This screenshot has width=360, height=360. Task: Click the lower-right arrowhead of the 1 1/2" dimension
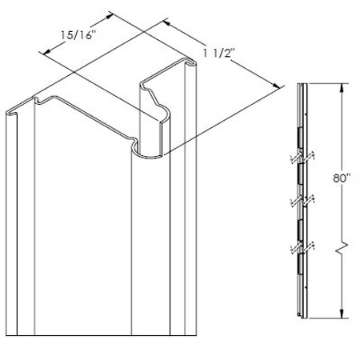click(278, 86)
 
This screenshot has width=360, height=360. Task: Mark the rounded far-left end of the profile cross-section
click(11, 111)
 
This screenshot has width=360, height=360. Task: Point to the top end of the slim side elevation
click(298, 83)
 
